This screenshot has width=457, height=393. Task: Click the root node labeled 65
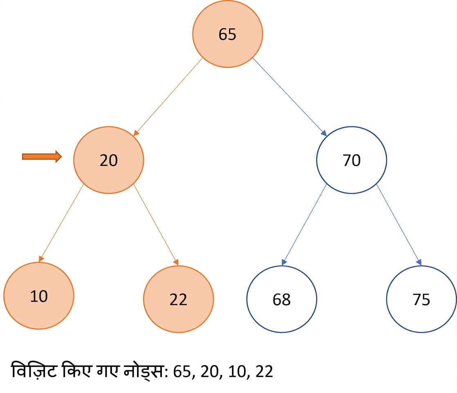227,34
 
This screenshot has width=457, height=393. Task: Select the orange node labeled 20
108,160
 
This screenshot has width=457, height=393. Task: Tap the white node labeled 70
352,160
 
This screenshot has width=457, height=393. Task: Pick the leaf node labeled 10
39,296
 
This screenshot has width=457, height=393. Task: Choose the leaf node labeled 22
178,299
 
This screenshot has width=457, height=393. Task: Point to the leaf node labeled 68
282,299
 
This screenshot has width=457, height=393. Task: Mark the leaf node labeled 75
421,299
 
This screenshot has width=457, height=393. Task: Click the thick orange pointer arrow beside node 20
42,156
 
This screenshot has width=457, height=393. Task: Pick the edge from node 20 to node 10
61,223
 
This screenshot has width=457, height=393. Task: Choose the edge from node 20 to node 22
156,225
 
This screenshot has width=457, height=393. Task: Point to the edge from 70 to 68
304,225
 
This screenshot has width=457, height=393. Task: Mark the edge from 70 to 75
399,225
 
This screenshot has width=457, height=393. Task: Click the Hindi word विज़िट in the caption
34,370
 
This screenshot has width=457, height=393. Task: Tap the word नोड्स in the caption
144,371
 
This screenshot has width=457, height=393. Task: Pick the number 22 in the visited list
264,371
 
